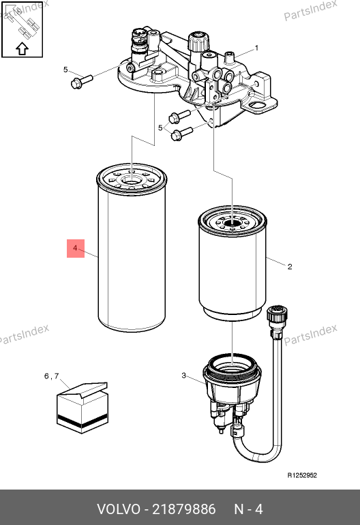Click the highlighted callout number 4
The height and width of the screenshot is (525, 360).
pyautogui.click(x=75, y=248)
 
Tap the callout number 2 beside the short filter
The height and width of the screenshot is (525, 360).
pyautogui.click(x=290, y=267)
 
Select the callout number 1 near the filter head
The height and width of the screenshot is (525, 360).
pyautogui.click(x=256, y=48)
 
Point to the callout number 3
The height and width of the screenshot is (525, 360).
pyautogui.click(x=183, y=375)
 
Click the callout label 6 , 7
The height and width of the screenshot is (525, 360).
pyautogui.click(x=52, y=376)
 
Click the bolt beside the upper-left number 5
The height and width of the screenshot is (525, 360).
pyautogui.click(x=81, y=81)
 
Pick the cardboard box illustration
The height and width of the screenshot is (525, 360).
pyautogui.click(x=82, y=408)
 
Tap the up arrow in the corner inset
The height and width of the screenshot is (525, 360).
pyautogui.click(x=22, y=48)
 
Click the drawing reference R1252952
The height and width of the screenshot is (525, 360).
pyautogui.click(x=302, y=475)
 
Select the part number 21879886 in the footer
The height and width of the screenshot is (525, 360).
pyautogui.click(x=184, y=509)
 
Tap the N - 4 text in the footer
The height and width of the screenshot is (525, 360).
pyautogui.click(x=248, y=509)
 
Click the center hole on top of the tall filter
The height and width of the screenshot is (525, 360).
pyautogui.click(x=132, y=181)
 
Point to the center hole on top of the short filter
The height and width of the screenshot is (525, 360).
pyautogui.click(x=232, y=222)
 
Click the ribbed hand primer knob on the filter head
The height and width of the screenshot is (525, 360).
pyautogui.click(x=198, y=42)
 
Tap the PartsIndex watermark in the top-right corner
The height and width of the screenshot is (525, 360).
pyautogui.click(x=310, y=10)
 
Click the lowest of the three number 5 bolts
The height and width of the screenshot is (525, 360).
pyautogui.click(x=181, y=134)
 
